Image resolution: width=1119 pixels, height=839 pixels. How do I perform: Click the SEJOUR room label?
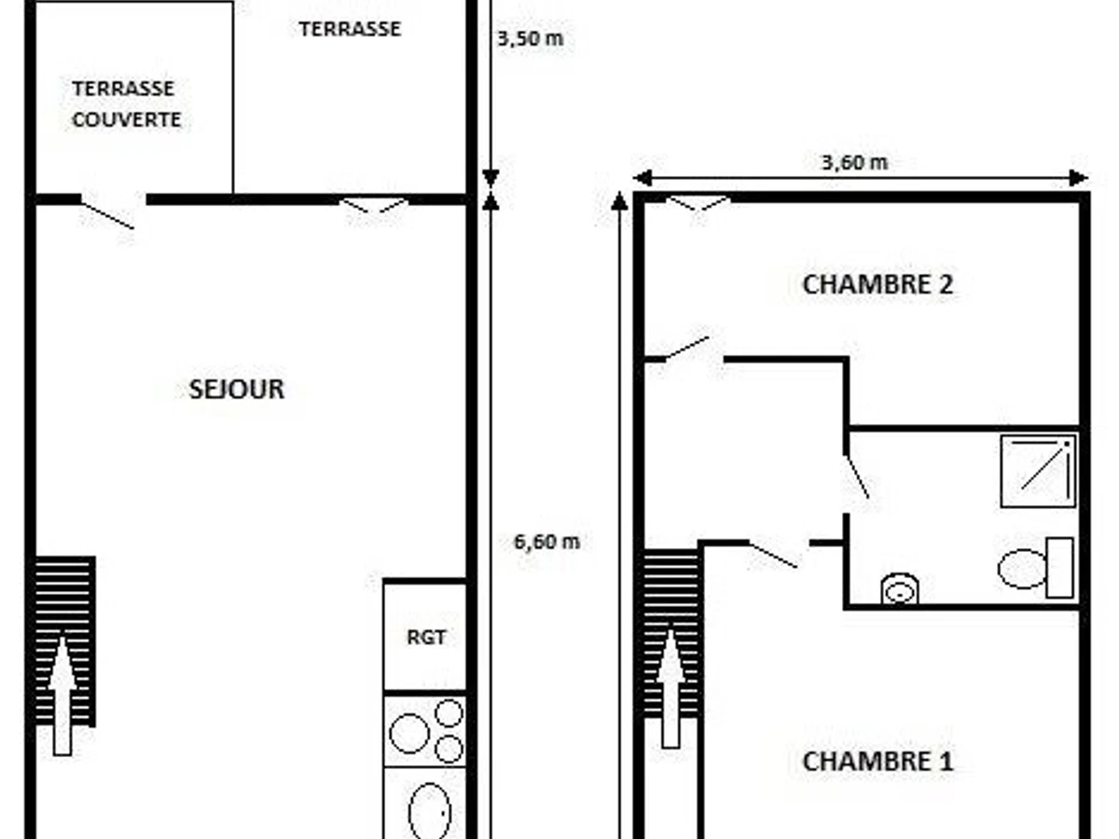236,389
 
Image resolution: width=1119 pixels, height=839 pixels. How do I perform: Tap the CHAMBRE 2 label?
877,284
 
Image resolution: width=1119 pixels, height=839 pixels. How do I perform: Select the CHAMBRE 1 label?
877,761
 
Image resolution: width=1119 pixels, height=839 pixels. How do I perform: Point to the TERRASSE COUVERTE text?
125,104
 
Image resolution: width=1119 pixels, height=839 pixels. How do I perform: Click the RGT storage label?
425,638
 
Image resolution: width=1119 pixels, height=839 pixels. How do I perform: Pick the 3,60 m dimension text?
854,162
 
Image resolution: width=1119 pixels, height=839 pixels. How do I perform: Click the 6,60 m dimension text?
546,542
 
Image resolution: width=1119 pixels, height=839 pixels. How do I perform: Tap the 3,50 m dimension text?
530,39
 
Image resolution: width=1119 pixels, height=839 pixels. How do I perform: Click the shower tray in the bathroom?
1038,471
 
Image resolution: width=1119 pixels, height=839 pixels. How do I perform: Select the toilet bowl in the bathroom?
1024,568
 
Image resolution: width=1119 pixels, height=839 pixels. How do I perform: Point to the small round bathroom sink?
900,589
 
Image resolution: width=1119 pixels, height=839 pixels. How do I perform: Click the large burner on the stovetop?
409,733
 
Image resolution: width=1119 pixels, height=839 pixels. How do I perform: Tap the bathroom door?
856,477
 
